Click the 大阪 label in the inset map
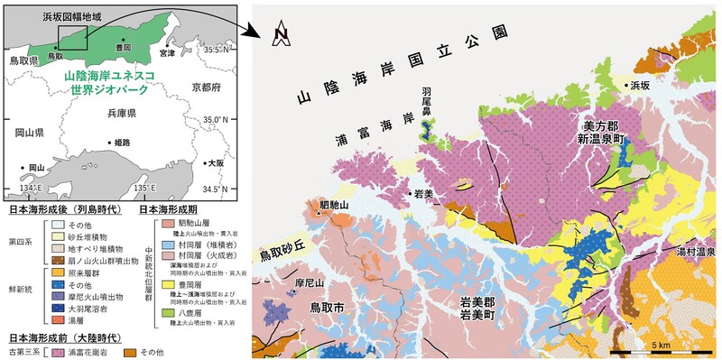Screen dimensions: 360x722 click(x=214, y=163)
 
